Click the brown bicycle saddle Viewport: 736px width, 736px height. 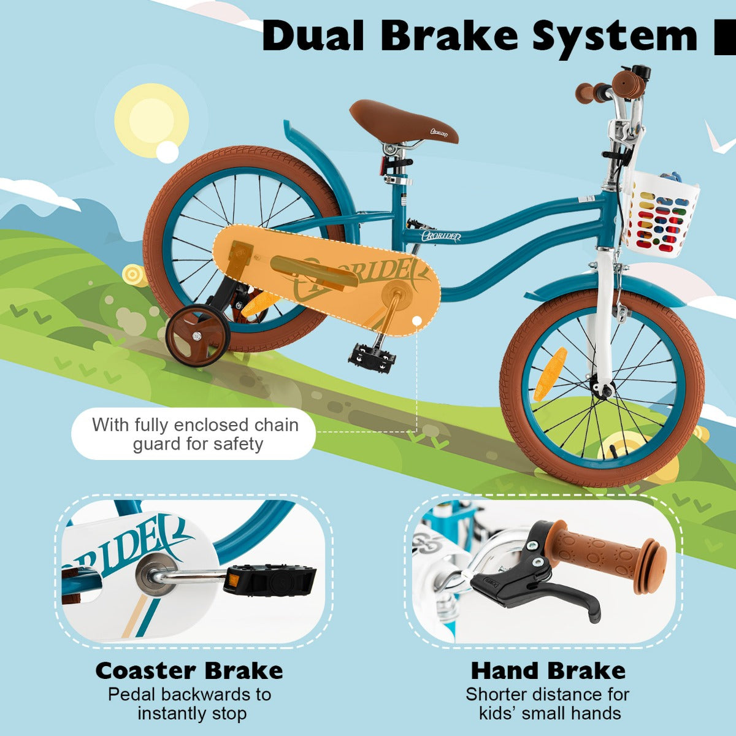click(403, 121)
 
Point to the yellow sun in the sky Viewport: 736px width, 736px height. click(151, 120)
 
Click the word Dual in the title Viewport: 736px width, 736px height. click(313, 36)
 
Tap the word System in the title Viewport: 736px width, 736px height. click(615, 37)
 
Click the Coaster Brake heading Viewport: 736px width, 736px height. click(190, 670)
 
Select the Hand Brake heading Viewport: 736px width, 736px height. click(548, 670)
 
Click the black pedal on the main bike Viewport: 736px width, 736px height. click(372, 358)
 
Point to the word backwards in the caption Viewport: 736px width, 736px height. click(205, 694)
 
